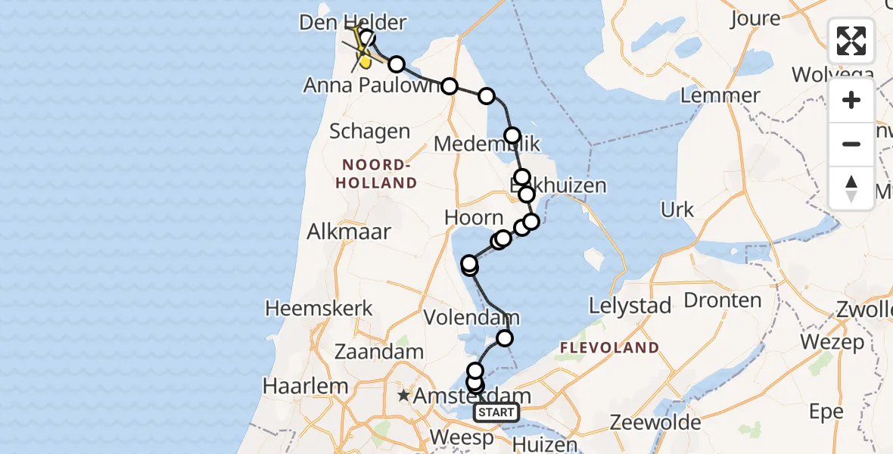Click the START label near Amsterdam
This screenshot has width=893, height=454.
point(496,412)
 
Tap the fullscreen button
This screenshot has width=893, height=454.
point(851,41)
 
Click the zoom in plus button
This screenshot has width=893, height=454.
point(851,100)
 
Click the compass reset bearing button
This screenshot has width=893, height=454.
point(851,188)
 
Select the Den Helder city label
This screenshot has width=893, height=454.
point(352,22)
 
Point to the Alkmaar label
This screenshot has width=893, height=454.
point(349,232)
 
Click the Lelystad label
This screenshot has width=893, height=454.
point(630,306)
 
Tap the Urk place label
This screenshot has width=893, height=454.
point(677,210)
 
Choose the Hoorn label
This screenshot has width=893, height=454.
point(474,217)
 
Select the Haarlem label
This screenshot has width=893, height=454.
point(305,385)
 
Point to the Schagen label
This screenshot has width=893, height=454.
point(369,132)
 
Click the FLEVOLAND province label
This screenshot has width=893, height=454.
point(608,348)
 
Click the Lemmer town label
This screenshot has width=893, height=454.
point(720,95)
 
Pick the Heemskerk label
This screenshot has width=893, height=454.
point(319,308)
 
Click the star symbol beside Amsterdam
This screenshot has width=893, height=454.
point(404,396)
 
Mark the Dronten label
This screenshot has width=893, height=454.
point(722,300)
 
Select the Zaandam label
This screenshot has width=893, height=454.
point(378,352)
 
